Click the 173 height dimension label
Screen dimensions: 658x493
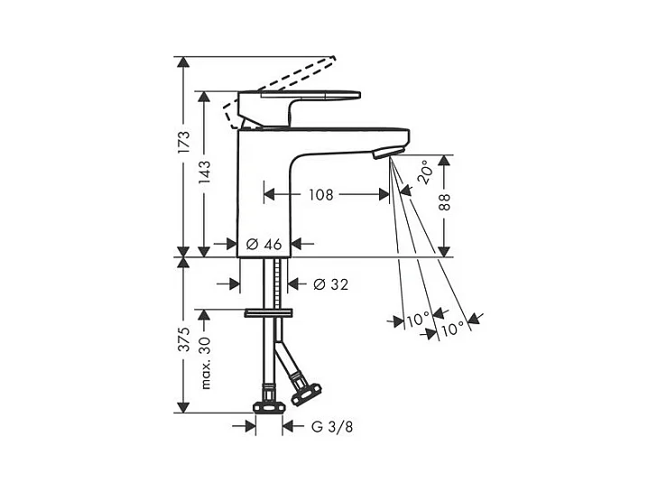coord(184,143)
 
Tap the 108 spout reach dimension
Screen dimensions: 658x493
coord(321,195)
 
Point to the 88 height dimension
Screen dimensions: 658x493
coord(444,202)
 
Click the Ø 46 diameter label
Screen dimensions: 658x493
coord(264,244)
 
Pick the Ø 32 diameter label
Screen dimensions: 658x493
coord(331,284)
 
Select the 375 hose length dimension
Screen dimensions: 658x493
coord(184,340)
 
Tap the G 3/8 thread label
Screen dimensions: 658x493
coord(332,427)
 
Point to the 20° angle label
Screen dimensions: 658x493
coord(425,172)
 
